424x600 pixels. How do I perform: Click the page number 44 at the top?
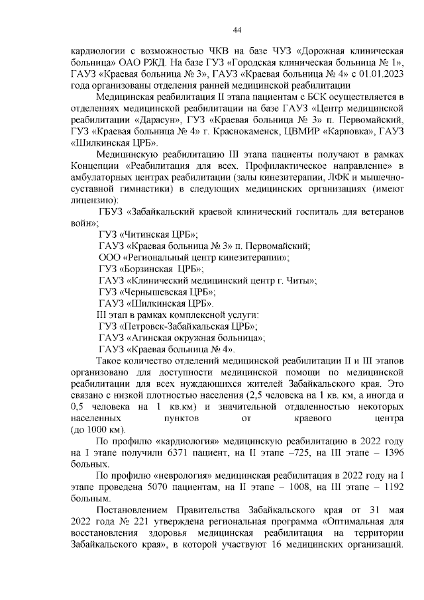tap(237, 30)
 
